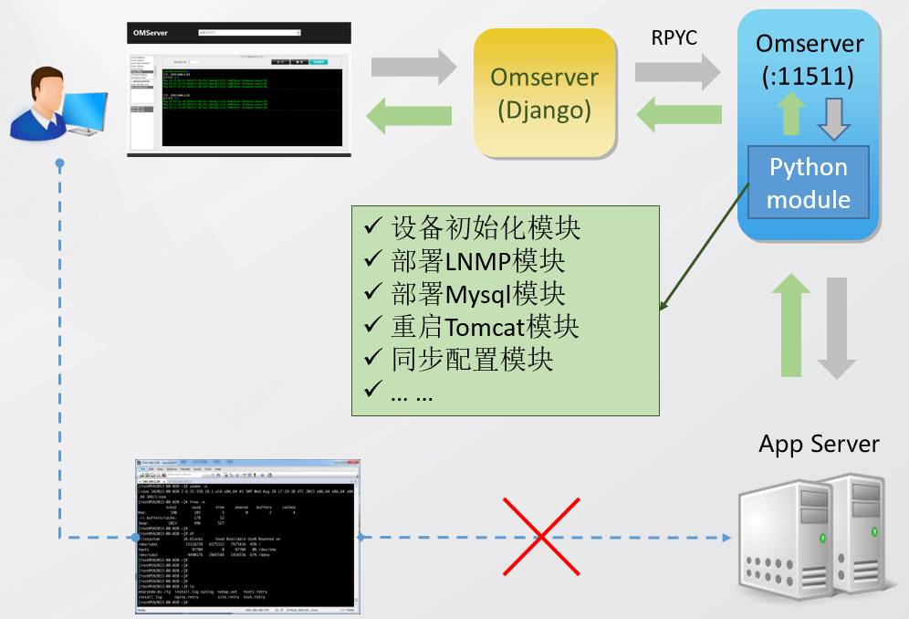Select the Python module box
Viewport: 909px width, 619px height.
pyautogui.click(x=808, y=183)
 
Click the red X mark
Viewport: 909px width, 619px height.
pyautogui.click(x=542, y=537)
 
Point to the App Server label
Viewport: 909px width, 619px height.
pyautogui.click(x=819, y=445)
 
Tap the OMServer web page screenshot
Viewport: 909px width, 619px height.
pyautogui.click(x=238, y=89)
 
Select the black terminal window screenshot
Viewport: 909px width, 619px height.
pyautogui.click(x=245, y=535)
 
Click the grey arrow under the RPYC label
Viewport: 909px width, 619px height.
pyautogui.click(x=677, y=69)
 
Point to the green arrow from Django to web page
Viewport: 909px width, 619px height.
pyautogui.click(x=410, y=115)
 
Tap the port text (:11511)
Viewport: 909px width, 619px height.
pyautogui.click(x=808, y=77)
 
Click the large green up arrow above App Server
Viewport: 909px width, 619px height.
pyautogui.click(x=791, y=324)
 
